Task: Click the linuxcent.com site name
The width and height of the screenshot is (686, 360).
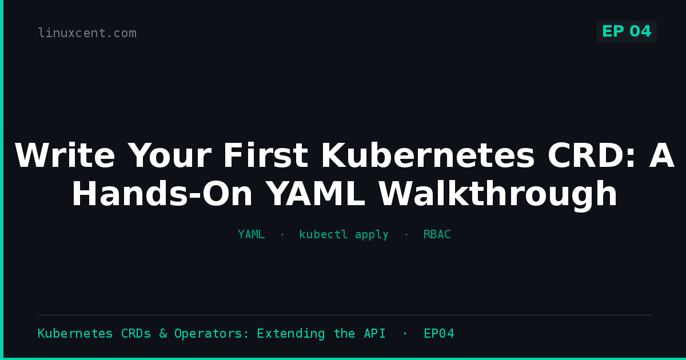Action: [87, 33]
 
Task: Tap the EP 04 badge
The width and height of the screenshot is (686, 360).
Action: [627, 31]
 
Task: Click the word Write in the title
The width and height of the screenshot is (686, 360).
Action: [65, 155]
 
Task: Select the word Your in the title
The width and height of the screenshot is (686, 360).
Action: [169, 155]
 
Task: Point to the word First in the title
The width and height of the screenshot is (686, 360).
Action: [266, 155]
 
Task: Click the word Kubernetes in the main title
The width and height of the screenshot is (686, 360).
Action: [428, 155]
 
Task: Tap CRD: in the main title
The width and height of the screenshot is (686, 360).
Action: [592, 155]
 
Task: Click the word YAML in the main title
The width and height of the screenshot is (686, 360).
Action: [316, 194]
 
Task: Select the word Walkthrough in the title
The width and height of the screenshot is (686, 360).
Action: [498, 194]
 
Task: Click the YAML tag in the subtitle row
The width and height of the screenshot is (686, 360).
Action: [251, 234]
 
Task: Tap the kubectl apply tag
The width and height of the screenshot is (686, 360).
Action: [344, 234]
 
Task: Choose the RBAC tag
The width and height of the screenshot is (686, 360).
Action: [437, 234]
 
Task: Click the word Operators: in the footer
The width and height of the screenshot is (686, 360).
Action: [212, 333]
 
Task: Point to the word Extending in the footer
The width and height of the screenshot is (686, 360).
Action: [291, 333]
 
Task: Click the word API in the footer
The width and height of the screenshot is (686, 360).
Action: [374, 333]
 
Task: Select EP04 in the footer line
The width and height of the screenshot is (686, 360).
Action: [439, 333]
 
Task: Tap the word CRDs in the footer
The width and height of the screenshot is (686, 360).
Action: [136, 333]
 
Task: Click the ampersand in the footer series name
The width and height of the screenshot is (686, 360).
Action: [163, 333]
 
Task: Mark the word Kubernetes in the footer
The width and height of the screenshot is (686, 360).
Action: [75, 333]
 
